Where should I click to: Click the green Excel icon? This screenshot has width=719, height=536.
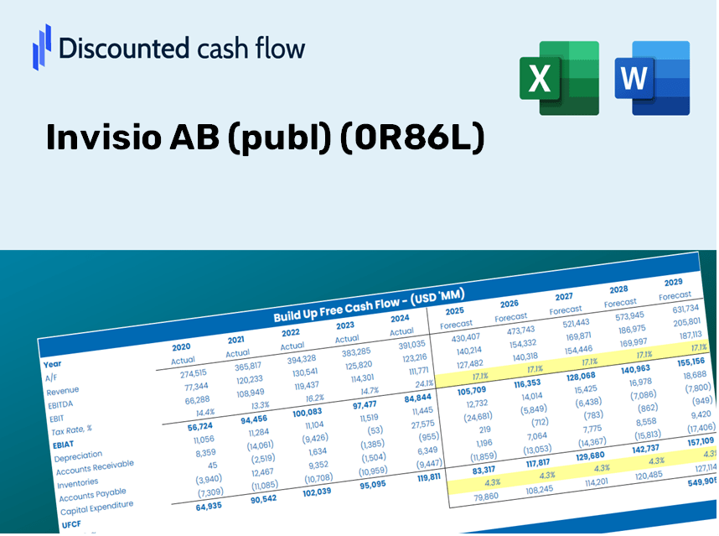[559, 78]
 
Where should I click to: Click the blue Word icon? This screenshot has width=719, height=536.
[652, 78]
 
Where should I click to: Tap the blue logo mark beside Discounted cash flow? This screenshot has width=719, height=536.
[41, 46]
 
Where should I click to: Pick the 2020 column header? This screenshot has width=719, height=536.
[181, 346]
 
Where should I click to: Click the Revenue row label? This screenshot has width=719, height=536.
[63, 391]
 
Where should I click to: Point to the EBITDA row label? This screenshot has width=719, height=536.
[61, 403]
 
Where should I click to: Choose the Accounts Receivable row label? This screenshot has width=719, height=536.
[96, 470]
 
